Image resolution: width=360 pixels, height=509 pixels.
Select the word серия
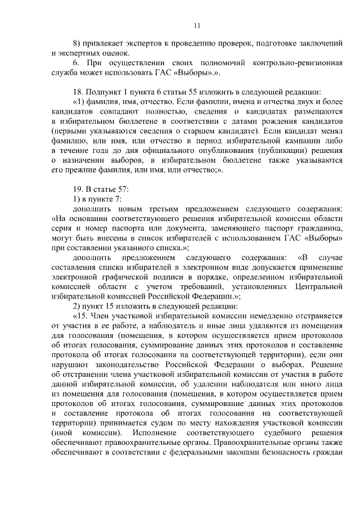point(61,230)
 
